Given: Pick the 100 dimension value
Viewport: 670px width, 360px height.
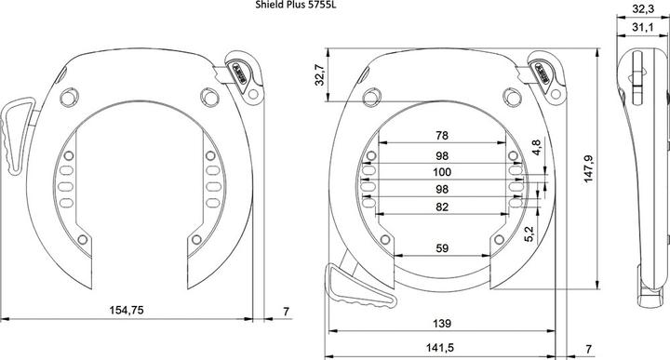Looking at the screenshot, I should coord(441,173).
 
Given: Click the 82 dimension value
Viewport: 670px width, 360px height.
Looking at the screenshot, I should coord(441,208).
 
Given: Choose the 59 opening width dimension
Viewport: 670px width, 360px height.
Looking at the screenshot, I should coord(441,248).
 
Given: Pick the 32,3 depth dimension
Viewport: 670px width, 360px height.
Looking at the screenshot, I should coord(640,9).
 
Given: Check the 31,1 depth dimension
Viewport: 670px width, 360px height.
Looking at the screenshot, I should coord(640,28).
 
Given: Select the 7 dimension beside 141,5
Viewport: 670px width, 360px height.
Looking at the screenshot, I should coord(589,349).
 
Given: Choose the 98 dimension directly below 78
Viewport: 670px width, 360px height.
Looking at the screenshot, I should coord(441,155).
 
